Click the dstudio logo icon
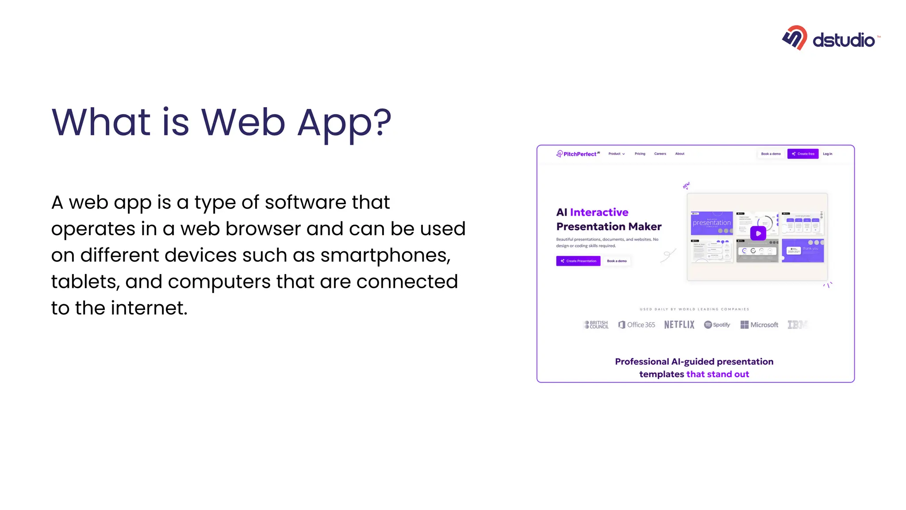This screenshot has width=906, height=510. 795,38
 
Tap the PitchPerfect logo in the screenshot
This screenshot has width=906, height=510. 578,154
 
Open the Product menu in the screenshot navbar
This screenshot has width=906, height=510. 616,154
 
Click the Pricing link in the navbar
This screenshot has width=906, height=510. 640,154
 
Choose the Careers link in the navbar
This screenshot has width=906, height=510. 660,154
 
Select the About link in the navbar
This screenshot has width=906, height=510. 679,154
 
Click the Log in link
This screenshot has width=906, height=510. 827,154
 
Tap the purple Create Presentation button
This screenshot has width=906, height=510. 578,261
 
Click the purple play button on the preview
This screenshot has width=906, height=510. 758,233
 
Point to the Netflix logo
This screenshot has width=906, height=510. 679,325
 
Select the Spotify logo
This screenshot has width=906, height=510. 717,325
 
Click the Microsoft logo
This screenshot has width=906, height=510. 759,325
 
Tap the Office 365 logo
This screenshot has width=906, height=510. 637,325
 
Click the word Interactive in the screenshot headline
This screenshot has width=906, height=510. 599,212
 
